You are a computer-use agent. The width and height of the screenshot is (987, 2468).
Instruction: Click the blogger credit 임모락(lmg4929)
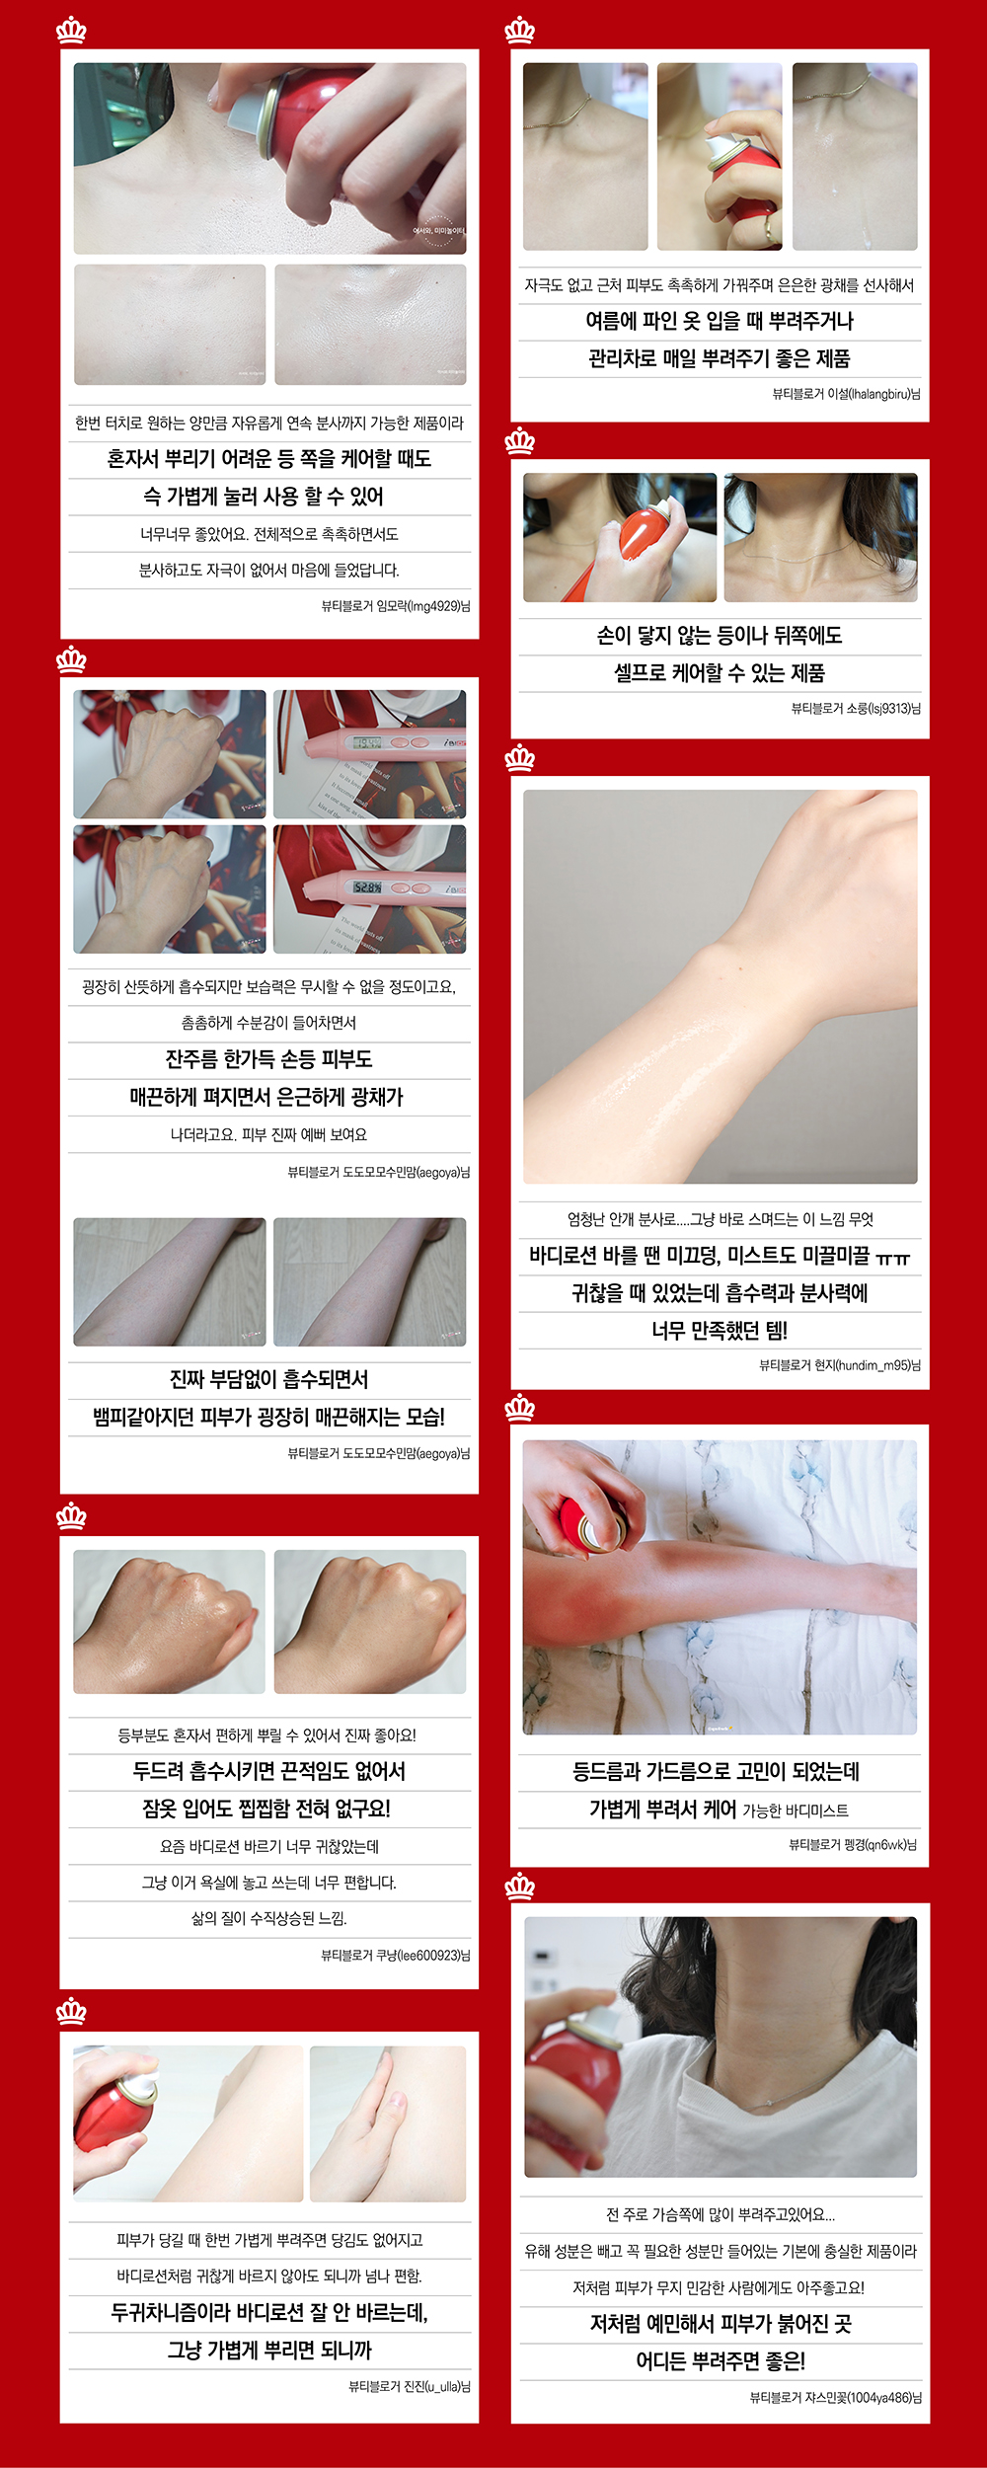[396, 606]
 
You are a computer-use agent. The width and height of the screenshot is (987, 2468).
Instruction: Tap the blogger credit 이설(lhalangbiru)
[846, 394]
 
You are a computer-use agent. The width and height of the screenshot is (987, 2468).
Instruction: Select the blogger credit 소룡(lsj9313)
[856, 708]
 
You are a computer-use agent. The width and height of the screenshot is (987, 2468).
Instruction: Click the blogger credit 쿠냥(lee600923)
[396, 1955]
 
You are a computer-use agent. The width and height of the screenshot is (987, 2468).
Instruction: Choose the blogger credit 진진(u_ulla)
[410, 2386]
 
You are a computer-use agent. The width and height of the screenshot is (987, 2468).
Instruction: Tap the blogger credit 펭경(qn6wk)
[853, 1844]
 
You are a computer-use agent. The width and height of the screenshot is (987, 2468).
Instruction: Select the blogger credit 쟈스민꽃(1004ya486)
[835, 2397]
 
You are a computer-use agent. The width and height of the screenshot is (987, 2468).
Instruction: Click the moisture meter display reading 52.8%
[368, 887]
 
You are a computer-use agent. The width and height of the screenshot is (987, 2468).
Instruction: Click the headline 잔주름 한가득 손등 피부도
[268, 1059]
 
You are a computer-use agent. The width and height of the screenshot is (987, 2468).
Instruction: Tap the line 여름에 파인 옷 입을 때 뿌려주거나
[720, 321]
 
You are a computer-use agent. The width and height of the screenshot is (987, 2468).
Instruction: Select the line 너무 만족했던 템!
[720, 1331]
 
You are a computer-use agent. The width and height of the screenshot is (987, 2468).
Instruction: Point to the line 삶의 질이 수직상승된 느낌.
[268, 1918]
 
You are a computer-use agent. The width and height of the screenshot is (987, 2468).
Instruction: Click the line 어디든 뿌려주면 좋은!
[720, 2360]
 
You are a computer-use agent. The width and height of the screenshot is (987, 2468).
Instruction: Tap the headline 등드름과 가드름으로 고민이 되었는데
[717, 1771]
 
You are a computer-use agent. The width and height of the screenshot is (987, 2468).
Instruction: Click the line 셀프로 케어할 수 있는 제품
[720, 672]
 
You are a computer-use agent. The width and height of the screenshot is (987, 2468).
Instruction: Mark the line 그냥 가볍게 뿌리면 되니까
[268, 2350]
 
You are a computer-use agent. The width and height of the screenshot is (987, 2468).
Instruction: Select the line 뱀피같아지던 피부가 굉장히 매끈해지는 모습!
[268, 1417]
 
